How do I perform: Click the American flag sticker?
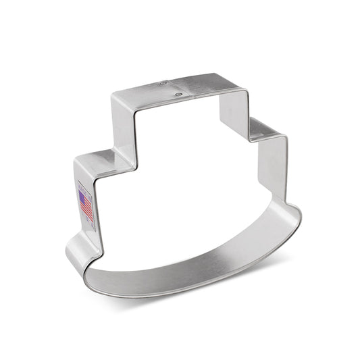[86, 204]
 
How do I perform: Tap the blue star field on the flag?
[83, 199]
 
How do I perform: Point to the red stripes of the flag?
[88, 209]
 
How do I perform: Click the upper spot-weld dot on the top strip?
[162, 84]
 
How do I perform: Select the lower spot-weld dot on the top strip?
[177, 95]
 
